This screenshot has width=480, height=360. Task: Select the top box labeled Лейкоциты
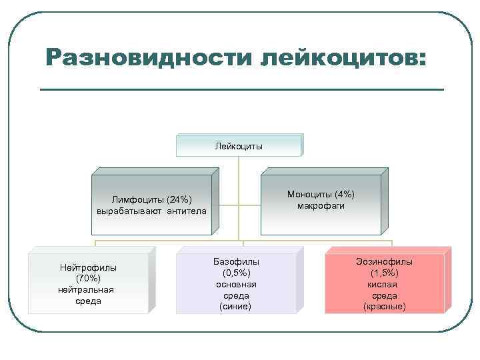(x=239, y=145)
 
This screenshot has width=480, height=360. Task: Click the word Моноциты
(x=311, y=194)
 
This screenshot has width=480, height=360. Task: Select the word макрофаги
(x=321, y=205)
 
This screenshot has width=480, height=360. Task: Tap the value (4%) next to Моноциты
(x=345, y=194)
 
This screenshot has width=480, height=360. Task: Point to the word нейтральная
(x=86, y=289)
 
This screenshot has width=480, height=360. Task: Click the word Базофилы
(x=236, y=262)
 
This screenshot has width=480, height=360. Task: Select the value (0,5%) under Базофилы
(x=237, y=273)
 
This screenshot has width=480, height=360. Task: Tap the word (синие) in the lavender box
(x=236, y=307)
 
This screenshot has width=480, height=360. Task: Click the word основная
(x=236, y=284)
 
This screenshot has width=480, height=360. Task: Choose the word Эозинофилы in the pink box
(x=385, y=262)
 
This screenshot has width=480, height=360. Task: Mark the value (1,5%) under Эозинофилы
(x=385, y=273)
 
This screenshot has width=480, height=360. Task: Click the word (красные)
(x=385, y=307)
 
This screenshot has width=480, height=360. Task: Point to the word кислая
(x=385, y=284)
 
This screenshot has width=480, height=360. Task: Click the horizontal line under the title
(x=241, y=89)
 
